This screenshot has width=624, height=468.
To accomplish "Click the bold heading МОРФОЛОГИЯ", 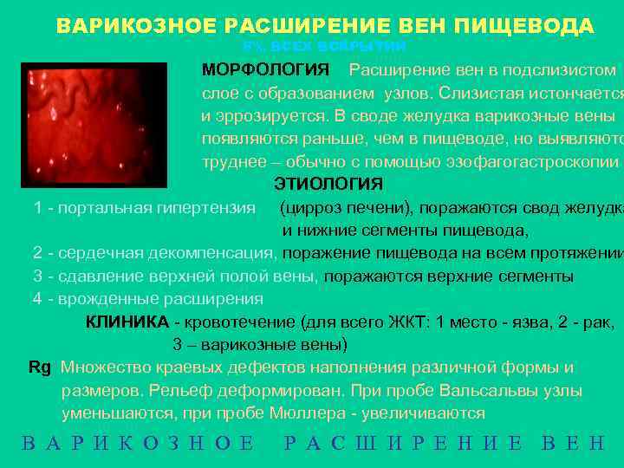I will click(x=265, y=69).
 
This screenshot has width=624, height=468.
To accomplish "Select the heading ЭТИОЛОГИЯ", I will click(x=328, y=184).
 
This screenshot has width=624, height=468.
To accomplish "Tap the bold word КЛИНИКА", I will click(x=127, y=322).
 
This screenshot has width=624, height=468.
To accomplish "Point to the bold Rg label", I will click(x=40, y=367).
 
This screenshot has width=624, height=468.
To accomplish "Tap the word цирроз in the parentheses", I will click(x=314, y=208).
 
